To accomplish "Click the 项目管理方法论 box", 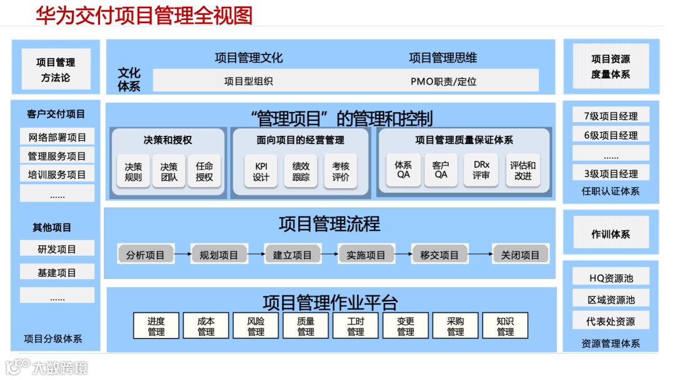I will tap(56, 69).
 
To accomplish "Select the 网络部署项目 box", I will tap(57, 138).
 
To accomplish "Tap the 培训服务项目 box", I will tap(57, 175).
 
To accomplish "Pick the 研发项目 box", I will tap(57, 249).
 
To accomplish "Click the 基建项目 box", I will tap(57, 272).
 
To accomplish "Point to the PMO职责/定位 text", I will tap(443, 81).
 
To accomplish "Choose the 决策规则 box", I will tap(133, 172).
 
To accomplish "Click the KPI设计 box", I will tap(261, 172).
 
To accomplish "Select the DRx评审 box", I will tap(481, 170).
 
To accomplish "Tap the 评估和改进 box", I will tap(522, 170).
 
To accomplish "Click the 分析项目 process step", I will tap(145, 255).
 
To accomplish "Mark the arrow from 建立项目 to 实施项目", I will tap(330, 254).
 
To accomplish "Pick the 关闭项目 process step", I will tap(520, 255).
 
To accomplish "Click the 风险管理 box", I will tap(256, 326).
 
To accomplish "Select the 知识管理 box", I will tap(505, 326).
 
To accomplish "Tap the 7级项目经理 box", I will tap(611, 116).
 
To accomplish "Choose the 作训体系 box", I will tap(611, 234).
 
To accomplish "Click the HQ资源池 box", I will tap(611, 278).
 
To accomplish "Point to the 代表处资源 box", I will tap(611, 321).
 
